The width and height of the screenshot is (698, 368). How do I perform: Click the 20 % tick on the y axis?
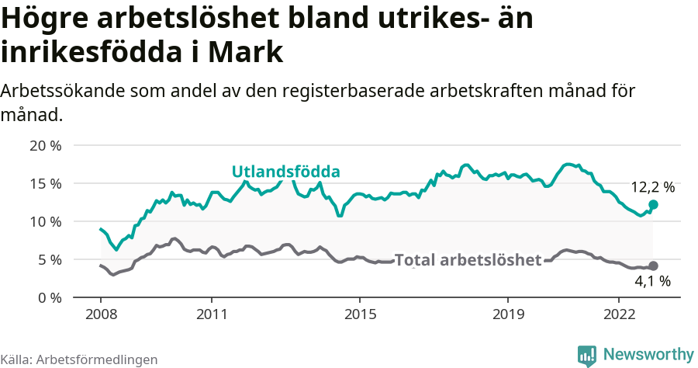tap(46, 145)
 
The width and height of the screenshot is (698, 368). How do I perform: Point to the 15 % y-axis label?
tap(46, 183)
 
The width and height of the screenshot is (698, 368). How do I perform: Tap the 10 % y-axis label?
tap(46, 221)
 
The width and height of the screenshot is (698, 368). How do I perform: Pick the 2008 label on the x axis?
tap(101, 315)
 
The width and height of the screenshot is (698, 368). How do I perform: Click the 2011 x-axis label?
tap(211, 315)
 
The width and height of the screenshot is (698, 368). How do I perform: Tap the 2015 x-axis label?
tap(359, 315)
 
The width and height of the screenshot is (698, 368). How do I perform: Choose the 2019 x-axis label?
tap(507, 315)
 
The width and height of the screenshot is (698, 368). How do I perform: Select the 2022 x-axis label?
tap(618, 315)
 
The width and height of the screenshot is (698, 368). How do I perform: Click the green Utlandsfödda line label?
tap(287, 172)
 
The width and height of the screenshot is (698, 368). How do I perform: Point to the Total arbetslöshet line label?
tap(468, 260)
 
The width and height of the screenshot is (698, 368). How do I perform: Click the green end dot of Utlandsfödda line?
tap(653, 205)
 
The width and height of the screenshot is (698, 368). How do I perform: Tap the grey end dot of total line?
tap(653, 266)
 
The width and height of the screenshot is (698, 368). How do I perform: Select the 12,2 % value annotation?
tap(652, 187)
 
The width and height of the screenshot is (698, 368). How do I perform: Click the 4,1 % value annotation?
tap(652, 282)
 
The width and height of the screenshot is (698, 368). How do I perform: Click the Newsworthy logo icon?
tap(587, 355)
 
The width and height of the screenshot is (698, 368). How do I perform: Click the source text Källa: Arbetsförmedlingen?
tap(79, 359)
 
